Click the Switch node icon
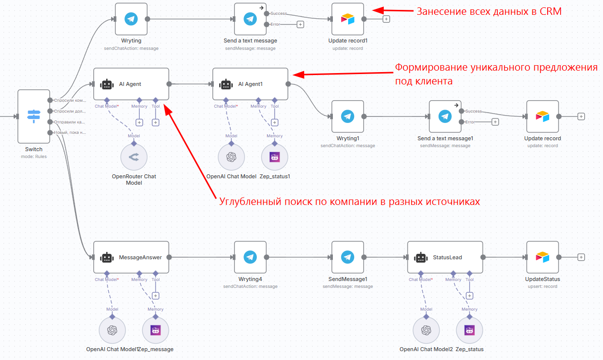[34, 116]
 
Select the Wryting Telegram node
[131, 19]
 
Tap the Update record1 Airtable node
[348, 19]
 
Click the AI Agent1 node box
[250, 84]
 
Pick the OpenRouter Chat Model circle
[134, 157]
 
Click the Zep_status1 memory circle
[275, 157]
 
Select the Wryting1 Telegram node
[348, 117]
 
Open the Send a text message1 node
[445, 117]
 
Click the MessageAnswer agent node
[131, 257]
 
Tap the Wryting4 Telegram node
[250, 257]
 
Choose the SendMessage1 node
[348, 257]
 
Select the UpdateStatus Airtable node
[542, 257]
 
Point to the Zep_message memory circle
[156, 330]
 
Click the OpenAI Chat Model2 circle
[426, 330]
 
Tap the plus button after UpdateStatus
[581, 257]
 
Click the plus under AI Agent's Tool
[156, 122]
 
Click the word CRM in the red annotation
[551, 11]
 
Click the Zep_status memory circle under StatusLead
[469, 330]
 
